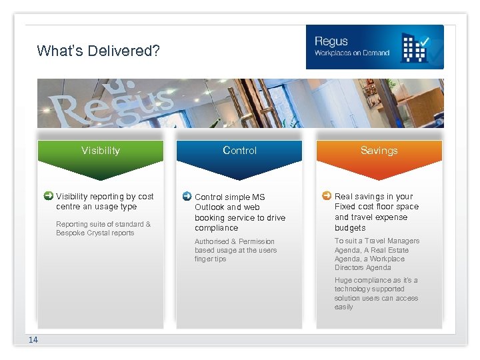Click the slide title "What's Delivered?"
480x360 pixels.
click(x=98, y=51)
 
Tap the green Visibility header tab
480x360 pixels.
click(x=101, y=151)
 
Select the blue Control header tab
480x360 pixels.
click(x=239, y=151)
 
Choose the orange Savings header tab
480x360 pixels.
click(x=379, y=151)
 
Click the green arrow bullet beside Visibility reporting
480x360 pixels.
click(x=48, y=196)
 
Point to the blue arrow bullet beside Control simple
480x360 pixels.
click(x=187, y=197)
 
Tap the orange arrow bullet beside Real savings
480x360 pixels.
click(x=326, y=196)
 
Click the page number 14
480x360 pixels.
click(x=33, y=340)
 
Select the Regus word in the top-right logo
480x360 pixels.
click(x=331, y=42)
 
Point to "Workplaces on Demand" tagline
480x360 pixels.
click(x=351, y=53)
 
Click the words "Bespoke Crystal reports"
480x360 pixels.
click(x=95, y=233)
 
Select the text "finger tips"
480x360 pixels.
click(x=210, y=259)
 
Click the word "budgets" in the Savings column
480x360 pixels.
click(x=349, y=228)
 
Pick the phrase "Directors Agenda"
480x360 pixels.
click(x=363, y=268)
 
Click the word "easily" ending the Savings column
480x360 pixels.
click(x=344, y=307)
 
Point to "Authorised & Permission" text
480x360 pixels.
click(x=234, y=241)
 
